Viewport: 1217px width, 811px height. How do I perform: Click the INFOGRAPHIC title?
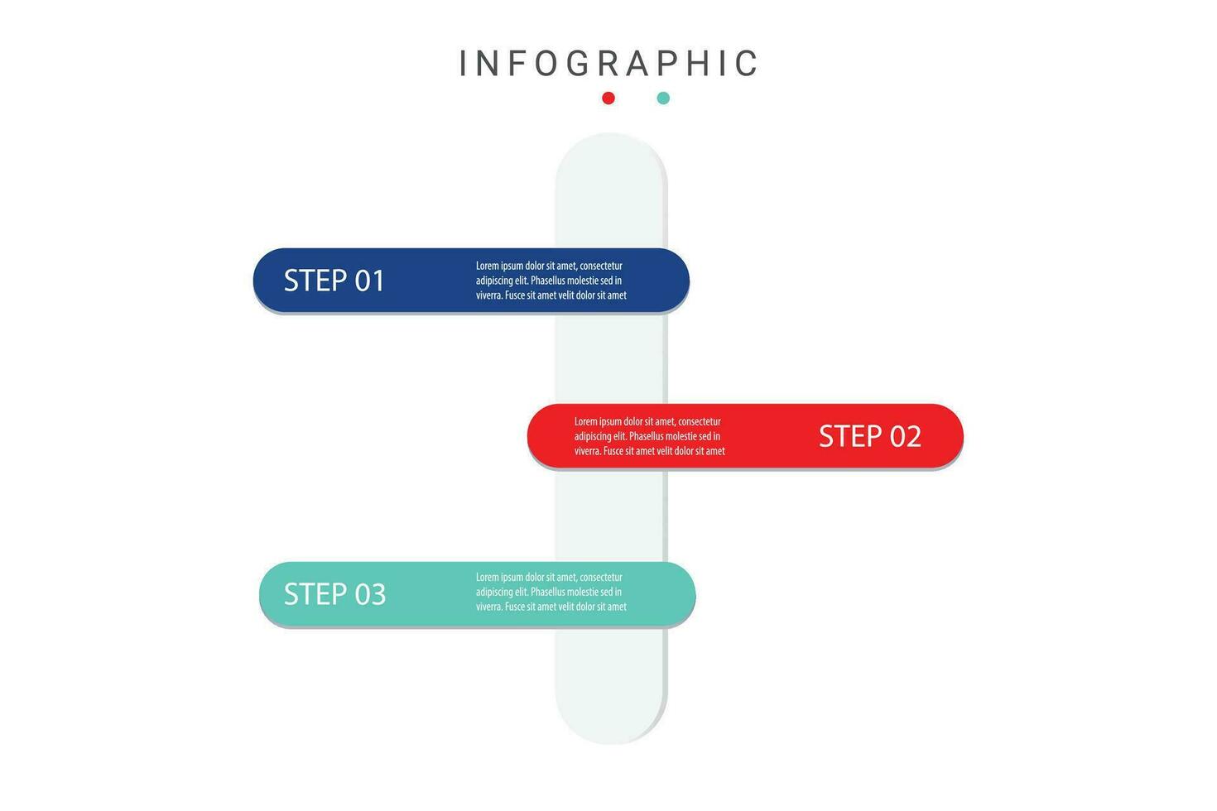608,63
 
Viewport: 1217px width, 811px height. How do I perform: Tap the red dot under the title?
608,98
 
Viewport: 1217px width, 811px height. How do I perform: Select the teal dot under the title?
663,98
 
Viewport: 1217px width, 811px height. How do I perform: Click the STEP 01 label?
334,281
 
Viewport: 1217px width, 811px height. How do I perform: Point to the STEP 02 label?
870,436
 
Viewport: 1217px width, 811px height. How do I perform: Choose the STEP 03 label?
334,593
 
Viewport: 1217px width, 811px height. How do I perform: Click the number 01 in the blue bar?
369,281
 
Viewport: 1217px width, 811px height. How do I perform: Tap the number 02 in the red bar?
906,436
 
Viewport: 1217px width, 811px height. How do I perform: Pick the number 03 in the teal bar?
371,593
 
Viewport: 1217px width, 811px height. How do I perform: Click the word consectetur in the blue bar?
601,266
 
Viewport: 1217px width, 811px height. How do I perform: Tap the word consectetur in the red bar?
700,421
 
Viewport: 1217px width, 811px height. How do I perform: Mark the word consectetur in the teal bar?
601,577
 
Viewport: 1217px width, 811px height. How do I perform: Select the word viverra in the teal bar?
489,607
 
